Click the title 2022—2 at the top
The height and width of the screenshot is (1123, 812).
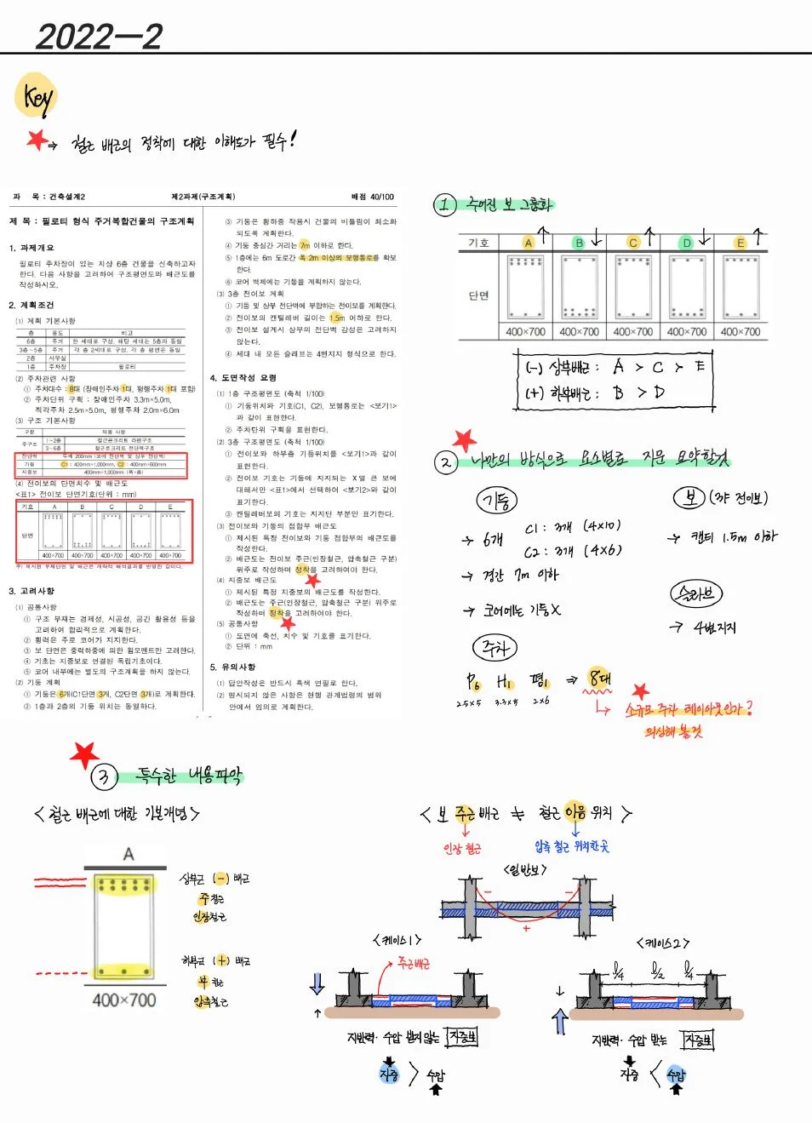click(99, 36)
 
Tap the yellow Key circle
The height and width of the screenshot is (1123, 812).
click(36, 96)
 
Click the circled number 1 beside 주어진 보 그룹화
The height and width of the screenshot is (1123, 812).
click(445, 204)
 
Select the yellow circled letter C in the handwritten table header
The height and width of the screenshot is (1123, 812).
click(632, 243)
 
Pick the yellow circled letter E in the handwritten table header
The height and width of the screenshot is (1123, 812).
click(741, 243)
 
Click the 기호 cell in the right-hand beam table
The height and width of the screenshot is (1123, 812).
click(478, 243)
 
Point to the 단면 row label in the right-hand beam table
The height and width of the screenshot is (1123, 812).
click(478, 295)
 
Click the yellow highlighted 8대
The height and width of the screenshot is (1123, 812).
click(600, 679)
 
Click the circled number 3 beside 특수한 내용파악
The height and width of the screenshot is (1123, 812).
click(104, 776)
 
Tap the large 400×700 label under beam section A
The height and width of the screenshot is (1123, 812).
click(124, 1000)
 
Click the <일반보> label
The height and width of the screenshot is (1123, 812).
click(525, 869)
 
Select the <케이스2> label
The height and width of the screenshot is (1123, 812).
click(662, 943)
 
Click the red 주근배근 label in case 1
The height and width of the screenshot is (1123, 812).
click(414, 964)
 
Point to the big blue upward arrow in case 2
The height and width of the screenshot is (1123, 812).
click(559, 1021)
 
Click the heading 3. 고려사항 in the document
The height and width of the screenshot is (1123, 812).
click(31, 590)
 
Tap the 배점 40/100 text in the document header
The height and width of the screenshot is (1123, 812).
click(372, 197)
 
